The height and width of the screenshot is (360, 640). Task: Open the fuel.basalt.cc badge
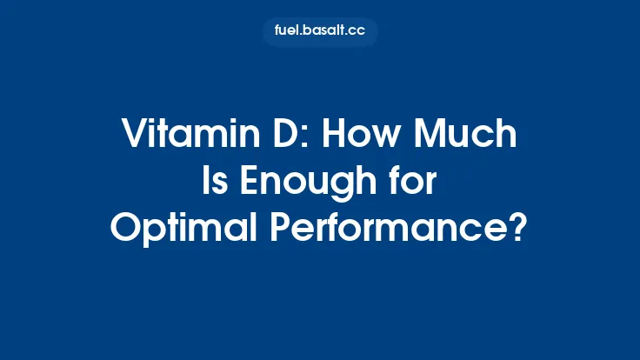(x=320, y=32)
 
